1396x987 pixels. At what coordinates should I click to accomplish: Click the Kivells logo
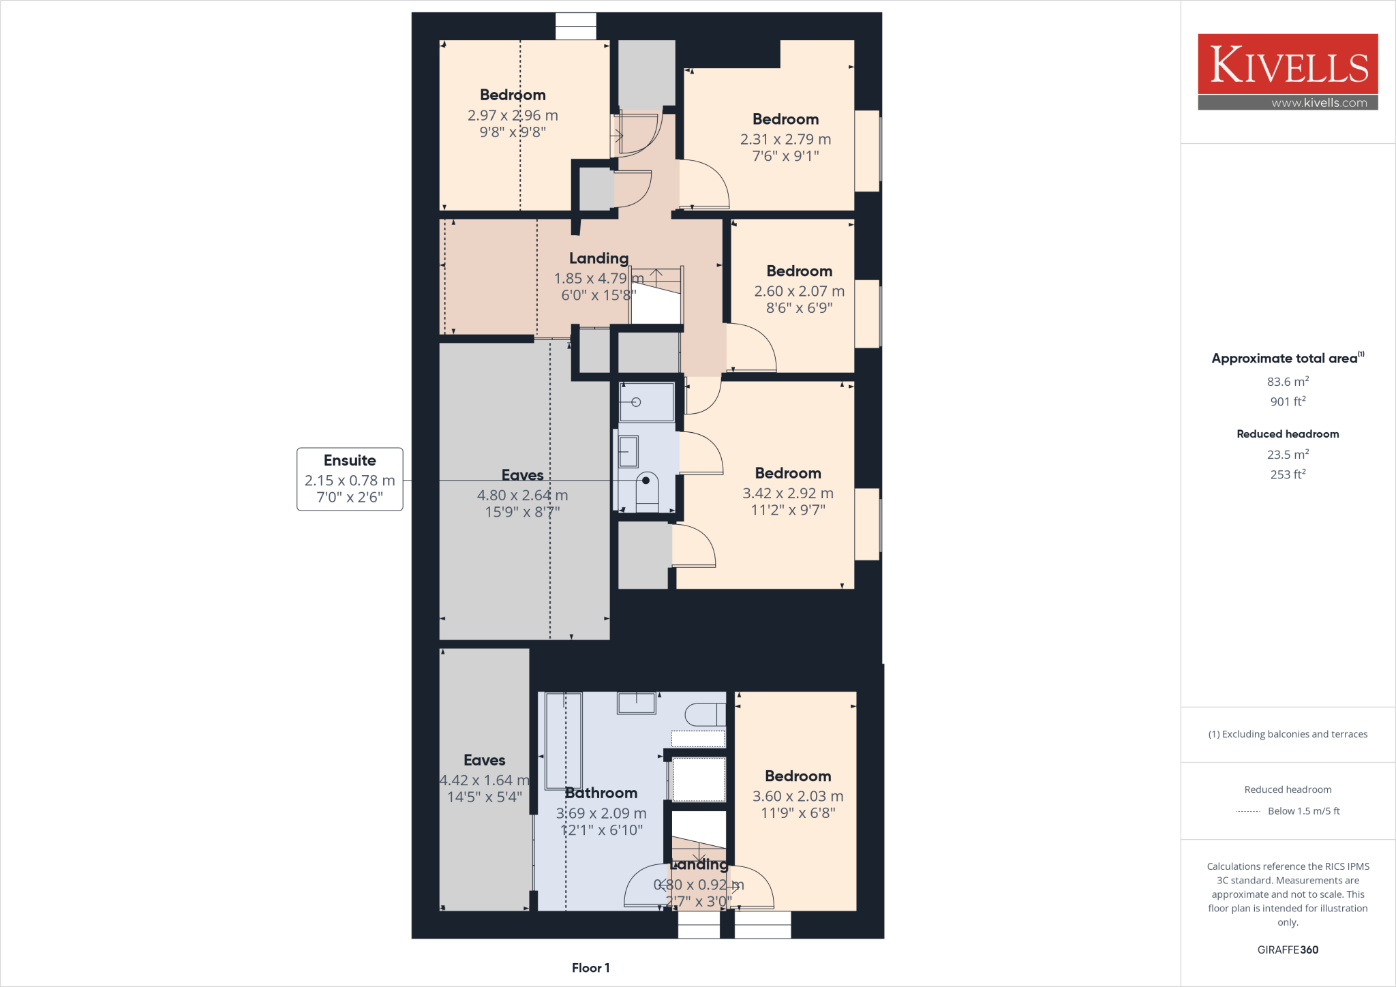pyautogui.click(x=1288, y=64)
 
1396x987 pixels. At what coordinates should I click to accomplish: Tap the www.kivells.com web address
pyautogui.click(x=1319, y=103)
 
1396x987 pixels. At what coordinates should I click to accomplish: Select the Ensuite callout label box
pyautogui.click(x=350, y=479)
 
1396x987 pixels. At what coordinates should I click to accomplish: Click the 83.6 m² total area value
pyautogui.click(x=1288, y=382)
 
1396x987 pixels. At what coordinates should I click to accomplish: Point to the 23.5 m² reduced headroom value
pyautogui.click(x=1288, y=454)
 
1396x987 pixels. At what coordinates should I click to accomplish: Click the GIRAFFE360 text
pyautogui.click(x=1288, y=950)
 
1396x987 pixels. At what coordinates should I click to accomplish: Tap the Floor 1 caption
pyautogui.click(x=590, y=968)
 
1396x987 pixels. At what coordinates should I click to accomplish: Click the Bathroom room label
pyautogui.click(x=601, y=793)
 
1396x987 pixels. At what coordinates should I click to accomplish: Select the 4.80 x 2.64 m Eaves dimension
pyautogui.click(x=522, y=496)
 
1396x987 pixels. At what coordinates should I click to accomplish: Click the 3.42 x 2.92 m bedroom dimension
pyautogui.click(x=788, y=493)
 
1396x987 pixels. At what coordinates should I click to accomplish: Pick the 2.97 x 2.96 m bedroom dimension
pyautogui.click(x=513, y=115)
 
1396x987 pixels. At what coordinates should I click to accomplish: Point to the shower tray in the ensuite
pyautogui.click(x=646, y=402)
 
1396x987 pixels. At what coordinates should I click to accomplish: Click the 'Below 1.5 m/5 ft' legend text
pyautogui.click(x=1303, y=811)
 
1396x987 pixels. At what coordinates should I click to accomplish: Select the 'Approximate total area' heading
pyautogui.click(x=1284, y=359)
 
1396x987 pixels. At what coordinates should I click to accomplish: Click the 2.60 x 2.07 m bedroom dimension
pyautogui.click(x=799, y=291)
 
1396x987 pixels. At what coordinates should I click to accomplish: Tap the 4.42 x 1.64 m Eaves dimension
pyautogui.click(x=484, y=780)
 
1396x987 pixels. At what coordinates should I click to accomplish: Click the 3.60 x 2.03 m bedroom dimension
pyautogui.click(x=798, y=796)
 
